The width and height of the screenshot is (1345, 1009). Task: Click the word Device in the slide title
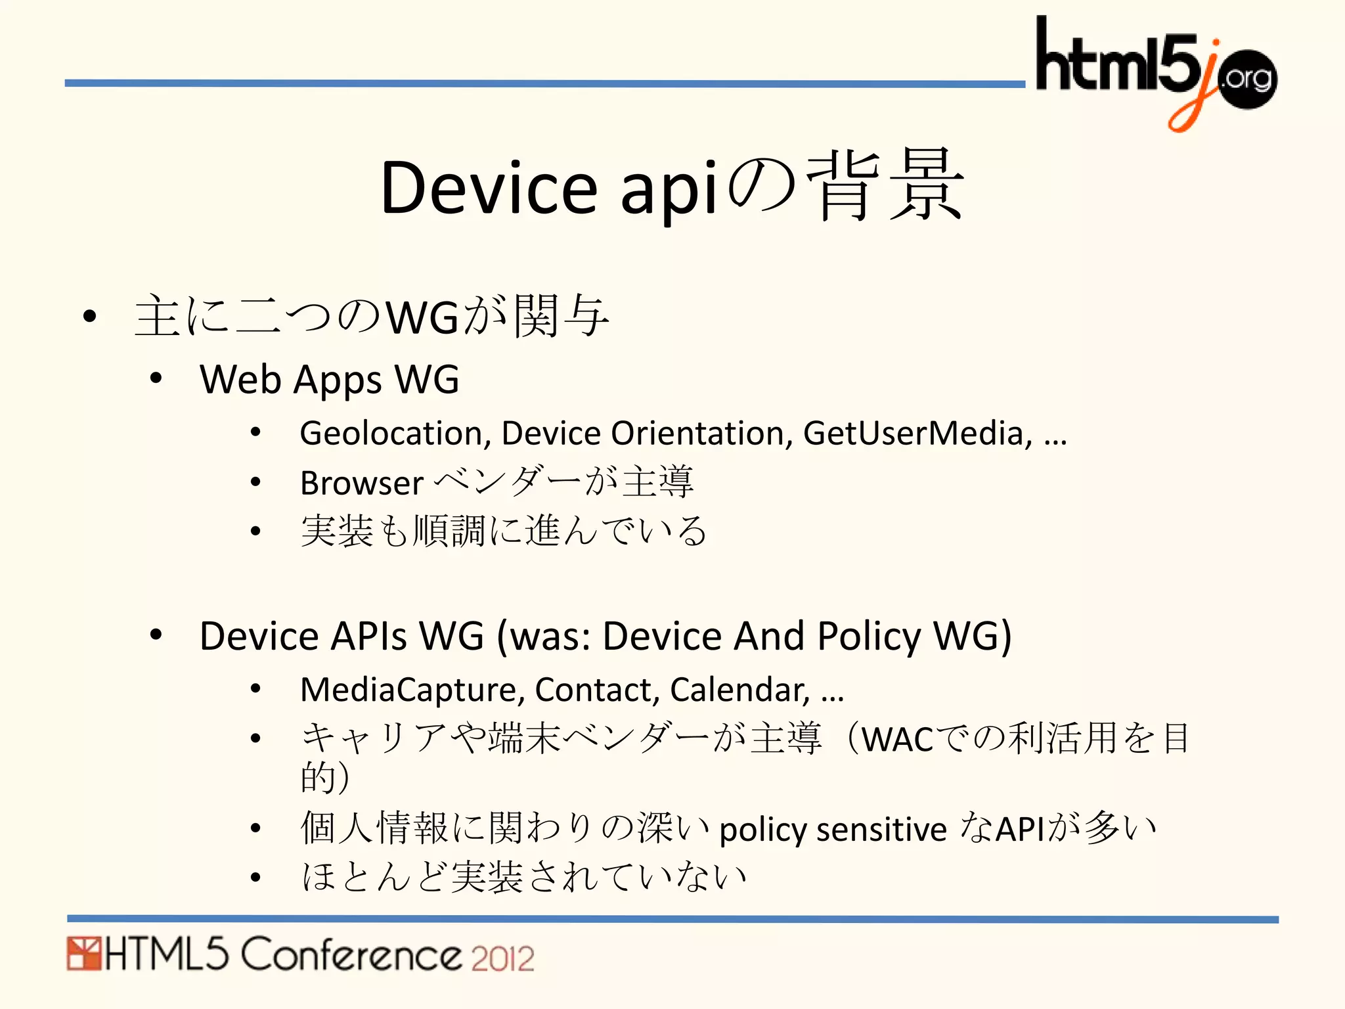click(488, 188)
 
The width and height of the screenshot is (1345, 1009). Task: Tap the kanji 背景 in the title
click(885, 185)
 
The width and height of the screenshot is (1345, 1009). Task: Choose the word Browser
click(362, 483)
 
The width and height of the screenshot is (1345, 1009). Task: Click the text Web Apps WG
click(329, 380)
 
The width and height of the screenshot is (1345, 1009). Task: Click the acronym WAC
click(897, 740)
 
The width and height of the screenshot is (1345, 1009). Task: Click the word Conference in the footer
click(351, 954)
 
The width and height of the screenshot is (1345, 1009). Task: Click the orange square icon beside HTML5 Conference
click(84, 954)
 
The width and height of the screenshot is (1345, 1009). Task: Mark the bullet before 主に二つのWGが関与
click(90, 317)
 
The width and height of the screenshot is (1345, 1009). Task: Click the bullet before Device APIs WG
click(156, 635)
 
